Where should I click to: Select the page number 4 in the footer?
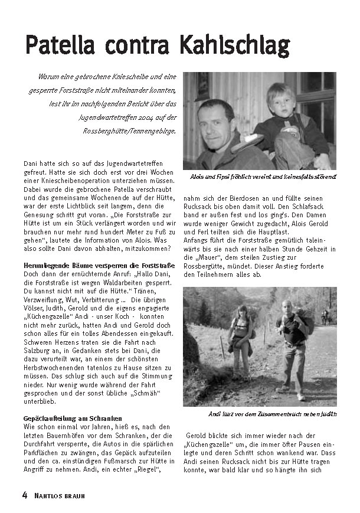pos(25,495)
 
